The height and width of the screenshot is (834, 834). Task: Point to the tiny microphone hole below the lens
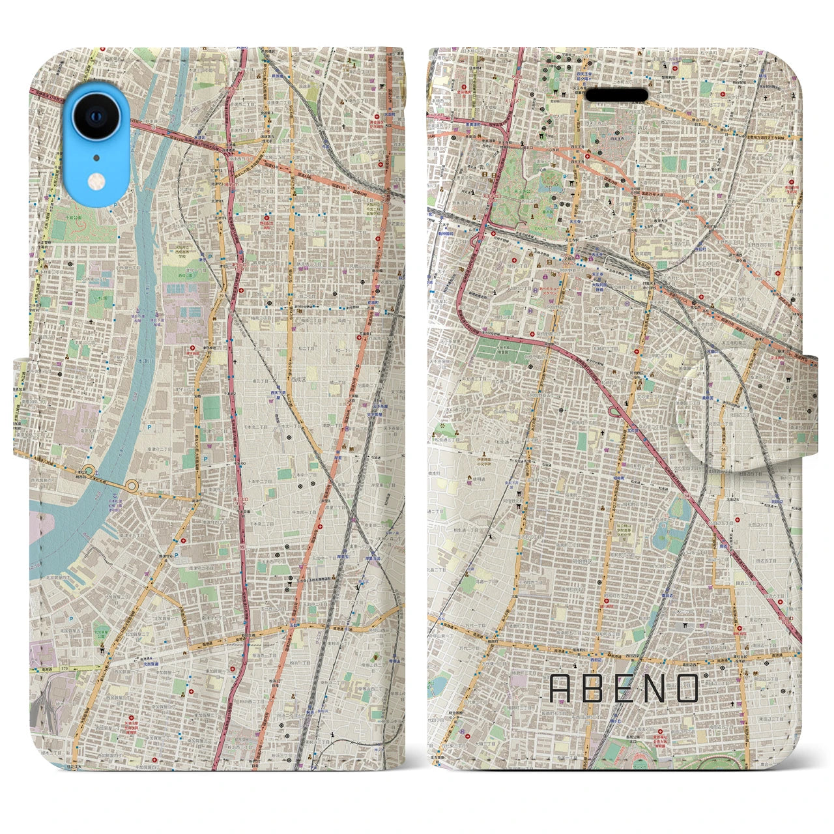(x=96, y=157)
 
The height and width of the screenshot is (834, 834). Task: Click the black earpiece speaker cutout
(x=616, y=96)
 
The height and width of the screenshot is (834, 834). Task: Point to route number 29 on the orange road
(x=222, y=295)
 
